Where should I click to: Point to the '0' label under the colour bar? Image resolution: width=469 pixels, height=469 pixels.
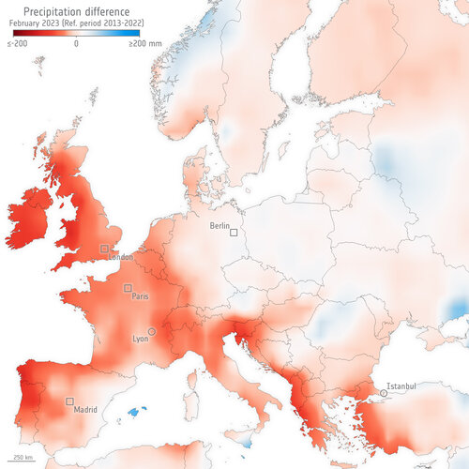(x=75, y=43)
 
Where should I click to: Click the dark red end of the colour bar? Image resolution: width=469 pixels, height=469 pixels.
(x=13, y=34)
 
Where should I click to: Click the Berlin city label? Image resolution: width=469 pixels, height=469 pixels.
(x=219, y=226)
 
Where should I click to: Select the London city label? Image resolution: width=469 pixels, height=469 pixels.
(x=120, y=255)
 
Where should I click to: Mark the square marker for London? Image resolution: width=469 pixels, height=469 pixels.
(x=104, y=249)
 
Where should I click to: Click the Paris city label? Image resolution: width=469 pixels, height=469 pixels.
(x=140, y=295)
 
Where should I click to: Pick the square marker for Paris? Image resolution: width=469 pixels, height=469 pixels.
(x=128, y=288)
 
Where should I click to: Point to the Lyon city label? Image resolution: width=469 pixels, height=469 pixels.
(x=140, y=338)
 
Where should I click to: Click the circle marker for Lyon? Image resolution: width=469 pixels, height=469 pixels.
(x=151, y=331)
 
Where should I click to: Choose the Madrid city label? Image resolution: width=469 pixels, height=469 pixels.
(x=84, y=409)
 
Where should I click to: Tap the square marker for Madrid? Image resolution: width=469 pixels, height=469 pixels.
(x=69, y=401)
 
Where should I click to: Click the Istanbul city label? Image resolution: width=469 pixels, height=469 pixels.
(x=401, y=385)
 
